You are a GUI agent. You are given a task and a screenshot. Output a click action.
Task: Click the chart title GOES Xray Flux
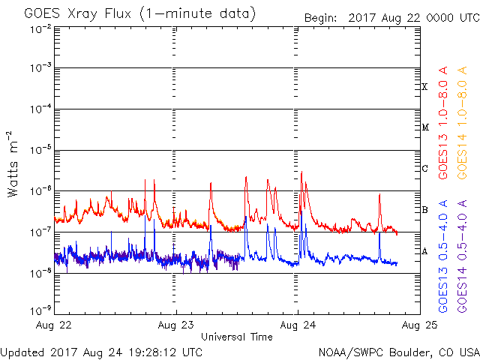pos(77,14)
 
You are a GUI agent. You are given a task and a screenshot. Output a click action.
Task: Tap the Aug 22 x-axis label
pos(54,325)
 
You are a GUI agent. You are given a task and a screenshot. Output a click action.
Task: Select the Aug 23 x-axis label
pos(175,325)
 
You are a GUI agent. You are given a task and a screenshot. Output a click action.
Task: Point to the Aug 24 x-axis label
pos(298,325)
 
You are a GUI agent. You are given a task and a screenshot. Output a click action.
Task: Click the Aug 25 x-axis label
pos(420,325)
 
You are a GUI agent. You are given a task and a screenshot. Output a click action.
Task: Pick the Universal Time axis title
pos(237,337)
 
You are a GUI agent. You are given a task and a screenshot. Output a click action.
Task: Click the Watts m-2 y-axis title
pos(13,164)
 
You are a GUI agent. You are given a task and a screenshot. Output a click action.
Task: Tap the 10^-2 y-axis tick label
pos(41,30)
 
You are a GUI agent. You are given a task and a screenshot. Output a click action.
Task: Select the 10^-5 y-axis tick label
pos(41,150)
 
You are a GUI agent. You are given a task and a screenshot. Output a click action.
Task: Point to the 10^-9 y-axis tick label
pos(41,311)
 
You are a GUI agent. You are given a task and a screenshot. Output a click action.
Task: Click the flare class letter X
pos(424,87)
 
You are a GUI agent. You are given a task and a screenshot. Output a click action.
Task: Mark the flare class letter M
pos(425,127)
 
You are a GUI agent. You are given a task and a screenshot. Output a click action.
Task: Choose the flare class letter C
pos(424,168)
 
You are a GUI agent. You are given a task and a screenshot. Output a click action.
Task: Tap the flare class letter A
pos(424,251)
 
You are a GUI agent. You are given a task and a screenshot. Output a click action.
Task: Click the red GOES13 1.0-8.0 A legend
pos(443,122)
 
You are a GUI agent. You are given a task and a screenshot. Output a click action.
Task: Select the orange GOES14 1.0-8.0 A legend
pos(462,122)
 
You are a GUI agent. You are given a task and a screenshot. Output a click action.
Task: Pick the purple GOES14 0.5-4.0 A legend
pos(462,256)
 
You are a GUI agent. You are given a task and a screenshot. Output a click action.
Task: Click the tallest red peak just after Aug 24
pos(301,172)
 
